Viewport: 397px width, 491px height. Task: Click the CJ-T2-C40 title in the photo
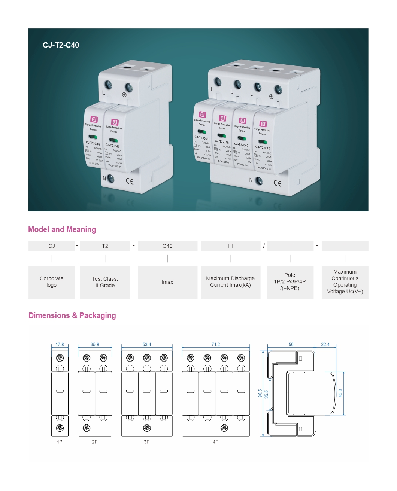tap(61, 45)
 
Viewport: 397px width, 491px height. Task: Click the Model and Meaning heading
tap(62, 230)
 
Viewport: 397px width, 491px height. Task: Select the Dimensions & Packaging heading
tap(72, 316)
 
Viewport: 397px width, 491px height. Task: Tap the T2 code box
tap(105, 246)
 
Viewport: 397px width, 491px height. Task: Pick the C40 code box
tap(167, 246)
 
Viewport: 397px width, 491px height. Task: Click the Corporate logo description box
tap(52, 282)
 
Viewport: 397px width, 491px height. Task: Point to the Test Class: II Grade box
tap(105, 282)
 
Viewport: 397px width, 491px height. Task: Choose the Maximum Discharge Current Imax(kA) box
tap(230, 282)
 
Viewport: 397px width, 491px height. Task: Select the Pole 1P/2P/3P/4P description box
tap(290, 282)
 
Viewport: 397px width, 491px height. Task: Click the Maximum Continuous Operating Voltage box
tap(345, 282)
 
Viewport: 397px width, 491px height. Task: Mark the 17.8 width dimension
tap(60, 345)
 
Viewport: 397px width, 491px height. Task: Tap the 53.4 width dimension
tap(147, 345)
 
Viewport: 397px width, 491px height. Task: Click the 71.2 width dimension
tap(216, 345)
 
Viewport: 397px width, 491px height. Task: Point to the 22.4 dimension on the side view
tap(325, 345)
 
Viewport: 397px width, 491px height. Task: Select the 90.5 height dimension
tap(260, 393)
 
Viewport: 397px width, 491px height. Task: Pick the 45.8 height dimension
tap(340, 393)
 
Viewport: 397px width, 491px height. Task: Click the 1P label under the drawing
tap(60, 442)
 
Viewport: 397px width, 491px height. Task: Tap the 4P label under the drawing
tap(216, 442)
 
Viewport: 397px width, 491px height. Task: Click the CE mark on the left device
tap(130, 182)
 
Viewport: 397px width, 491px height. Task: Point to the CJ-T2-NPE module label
tap(263, 148)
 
